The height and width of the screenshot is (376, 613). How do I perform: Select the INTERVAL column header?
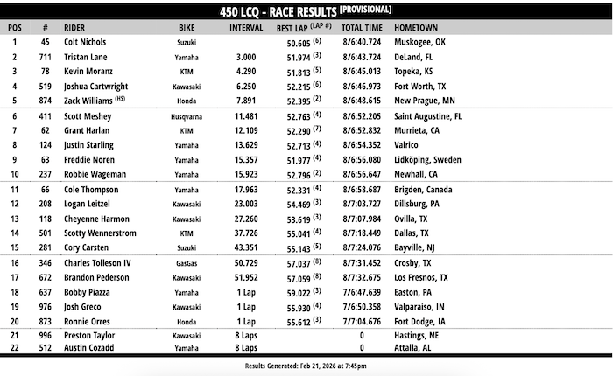tap(246, 27)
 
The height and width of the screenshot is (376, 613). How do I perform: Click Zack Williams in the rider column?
tap(90, 101)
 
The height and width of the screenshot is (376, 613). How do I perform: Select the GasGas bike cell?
tap(187, 262)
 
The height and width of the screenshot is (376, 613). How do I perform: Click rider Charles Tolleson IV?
tap(98, 262)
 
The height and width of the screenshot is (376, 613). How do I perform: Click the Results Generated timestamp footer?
tap(305, 366)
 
